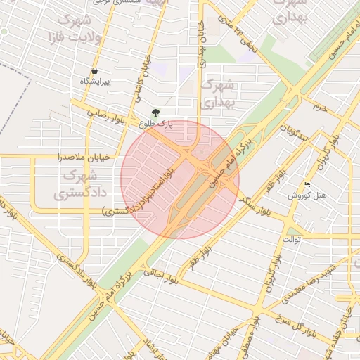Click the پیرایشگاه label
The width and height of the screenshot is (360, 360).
click(94, 82)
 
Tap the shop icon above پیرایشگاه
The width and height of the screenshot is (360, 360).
click(94, 70)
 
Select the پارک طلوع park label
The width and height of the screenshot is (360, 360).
click(155, 124)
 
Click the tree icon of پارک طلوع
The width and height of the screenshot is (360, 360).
click(155, 112)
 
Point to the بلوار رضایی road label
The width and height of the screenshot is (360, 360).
click(107, 115)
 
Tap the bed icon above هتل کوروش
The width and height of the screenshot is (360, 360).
click(307, 185)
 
